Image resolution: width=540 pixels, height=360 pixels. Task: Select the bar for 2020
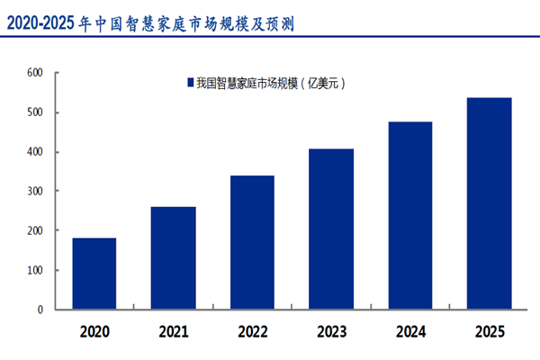[x=94, y=274]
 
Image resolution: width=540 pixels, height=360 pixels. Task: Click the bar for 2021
[x=174, y=258]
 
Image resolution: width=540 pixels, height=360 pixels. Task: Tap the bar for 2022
[x=252, y=242]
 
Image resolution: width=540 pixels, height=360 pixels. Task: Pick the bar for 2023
[x=331, y=229]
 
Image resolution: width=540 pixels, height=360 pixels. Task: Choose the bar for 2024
[x=410, y=215]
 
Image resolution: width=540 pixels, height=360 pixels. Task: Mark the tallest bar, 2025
[x=490, y=203]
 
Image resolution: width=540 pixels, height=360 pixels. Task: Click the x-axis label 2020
[x=94, y=332]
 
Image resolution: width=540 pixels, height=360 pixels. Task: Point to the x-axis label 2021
[x=174, y=332]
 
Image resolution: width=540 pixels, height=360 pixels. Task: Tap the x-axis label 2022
[x=252, y=332]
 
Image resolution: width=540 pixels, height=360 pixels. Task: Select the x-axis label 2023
[x=331, y=332]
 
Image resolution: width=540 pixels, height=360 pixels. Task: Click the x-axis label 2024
[x=410, y=332]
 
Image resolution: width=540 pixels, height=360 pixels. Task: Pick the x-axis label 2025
[x=490, y=332]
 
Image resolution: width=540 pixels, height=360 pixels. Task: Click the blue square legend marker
[x=190, y=84]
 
